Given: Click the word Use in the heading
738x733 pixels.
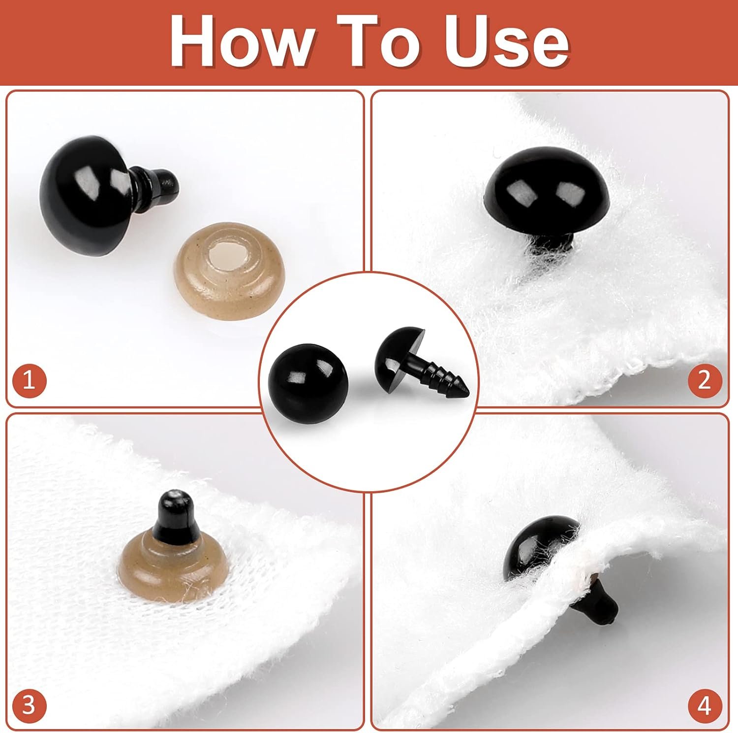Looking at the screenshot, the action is (x=506, y=42).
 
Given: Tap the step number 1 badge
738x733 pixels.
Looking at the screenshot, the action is (x=29, y=381).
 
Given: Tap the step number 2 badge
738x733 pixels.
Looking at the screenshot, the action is (x=705, y=381).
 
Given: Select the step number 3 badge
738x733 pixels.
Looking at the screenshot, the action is (x=29, y=705).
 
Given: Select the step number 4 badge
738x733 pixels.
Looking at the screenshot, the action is (x=705, y=705).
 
